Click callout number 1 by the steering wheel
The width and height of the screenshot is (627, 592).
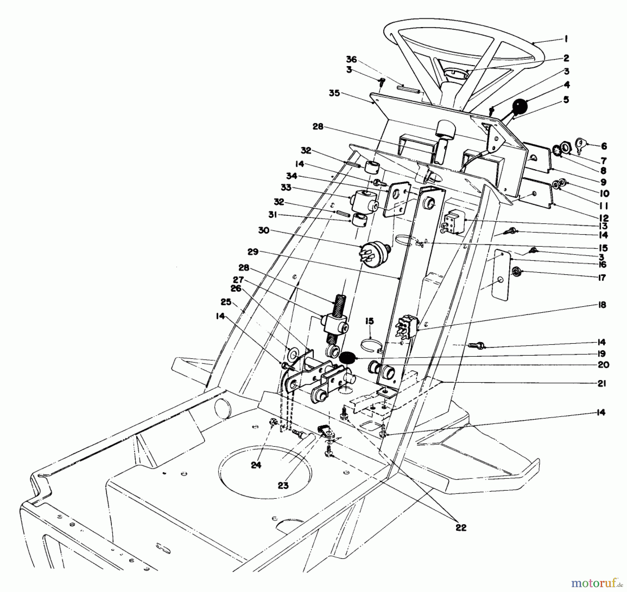(566, 39)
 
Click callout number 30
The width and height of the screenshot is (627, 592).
(264, 230)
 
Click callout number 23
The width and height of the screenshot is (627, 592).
(283, 485)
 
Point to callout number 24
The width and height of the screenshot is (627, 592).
(256, 465)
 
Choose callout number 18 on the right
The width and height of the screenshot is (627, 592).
(602, 305)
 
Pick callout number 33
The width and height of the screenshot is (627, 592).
(286, 188)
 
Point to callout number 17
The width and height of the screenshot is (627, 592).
(602, 277)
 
